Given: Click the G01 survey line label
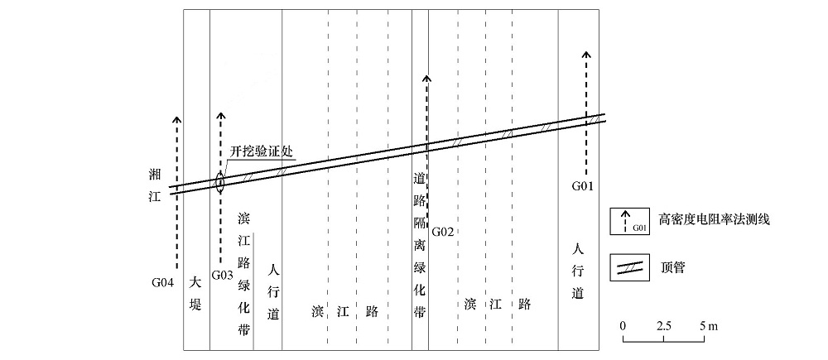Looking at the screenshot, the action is pyautogui.click(x=584, y=186).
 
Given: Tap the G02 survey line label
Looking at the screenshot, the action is pyautogui.click(x=442, y=231).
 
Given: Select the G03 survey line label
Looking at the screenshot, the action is pyautogui.click(x=222, y=275).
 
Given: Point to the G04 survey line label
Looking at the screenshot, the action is pyautogui.click(x=162, y=282).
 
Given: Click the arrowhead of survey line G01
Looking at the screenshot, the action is pyautogui.click(x=586, y=55).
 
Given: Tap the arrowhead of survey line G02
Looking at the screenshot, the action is pyautogui.click(x=427, y=79).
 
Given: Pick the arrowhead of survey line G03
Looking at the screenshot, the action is pyautogui.click(x=221, y=116).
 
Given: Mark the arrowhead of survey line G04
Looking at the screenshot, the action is pyautogui.click(x=177, y=119).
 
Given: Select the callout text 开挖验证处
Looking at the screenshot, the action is pyautogui.click(x=262, y=151).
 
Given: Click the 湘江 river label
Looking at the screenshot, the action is pyautogui.click(x=155, y=187).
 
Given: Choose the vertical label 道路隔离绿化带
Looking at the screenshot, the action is pyautogui.click(x=420, y=246).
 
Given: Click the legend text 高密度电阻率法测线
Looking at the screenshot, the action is pyautogui.click(x=714, y=219).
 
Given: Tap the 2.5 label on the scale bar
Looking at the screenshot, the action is pyautogui.click(x=664, y=326).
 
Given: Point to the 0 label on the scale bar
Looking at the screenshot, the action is pyautogui.click(x=623, y=326).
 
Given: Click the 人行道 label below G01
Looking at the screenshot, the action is pyautogui.click(x=578, y=271).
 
